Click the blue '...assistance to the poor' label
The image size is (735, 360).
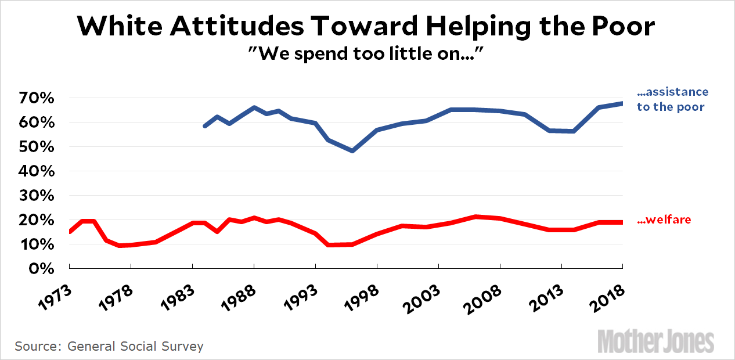point(672,99)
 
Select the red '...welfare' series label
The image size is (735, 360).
point(664,220)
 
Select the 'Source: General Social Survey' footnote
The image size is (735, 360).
point(109,347)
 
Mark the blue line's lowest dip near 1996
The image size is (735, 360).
point(352,150)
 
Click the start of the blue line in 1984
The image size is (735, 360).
point(204,126)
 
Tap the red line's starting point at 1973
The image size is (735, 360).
point(70,232)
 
